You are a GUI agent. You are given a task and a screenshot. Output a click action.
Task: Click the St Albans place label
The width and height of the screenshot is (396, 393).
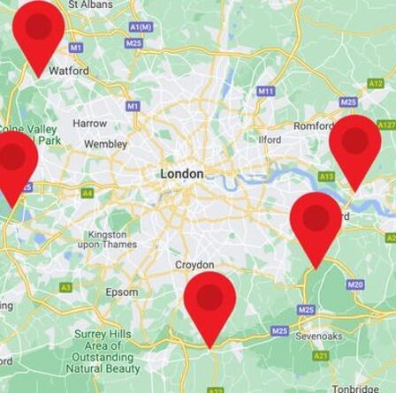tap(90, 4)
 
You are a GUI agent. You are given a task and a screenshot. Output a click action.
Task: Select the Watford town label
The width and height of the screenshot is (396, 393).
tap(69, 70)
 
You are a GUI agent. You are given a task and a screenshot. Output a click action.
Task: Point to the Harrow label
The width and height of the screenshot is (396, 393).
tap(89, 124)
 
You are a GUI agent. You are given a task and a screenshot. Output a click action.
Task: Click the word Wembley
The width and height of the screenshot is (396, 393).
tap(105, 144)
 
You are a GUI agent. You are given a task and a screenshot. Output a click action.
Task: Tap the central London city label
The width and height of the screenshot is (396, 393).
tap(181, 174)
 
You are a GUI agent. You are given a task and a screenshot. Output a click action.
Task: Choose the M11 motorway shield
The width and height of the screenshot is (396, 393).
tap(266, 91)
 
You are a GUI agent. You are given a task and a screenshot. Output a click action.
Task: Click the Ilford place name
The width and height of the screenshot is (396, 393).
tap(270, 140)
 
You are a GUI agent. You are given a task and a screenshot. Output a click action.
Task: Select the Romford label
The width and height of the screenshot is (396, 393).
tap(313, 126)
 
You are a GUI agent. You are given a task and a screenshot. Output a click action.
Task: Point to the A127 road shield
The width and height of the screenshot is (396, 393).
tap(386, 125)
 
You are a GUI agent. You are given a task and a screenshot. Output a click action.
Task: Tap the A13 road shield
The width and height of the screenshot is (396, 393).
tap(327, 176)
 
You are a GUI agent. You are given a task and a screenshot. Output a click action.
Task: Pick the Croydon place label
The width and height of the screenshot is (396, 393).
tap(194, 265)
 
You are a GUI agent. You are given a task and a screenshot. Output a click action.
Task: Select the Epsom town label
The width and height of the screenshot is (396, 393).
tap(122, 292)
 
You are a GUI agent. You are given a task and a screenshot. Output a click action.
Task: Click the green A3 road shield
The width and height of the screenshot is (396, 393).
tap(66, 287)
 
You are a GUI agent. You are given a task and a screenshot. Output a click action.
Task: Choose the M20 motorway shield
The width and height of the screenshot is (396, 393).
tap(355, 284)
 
